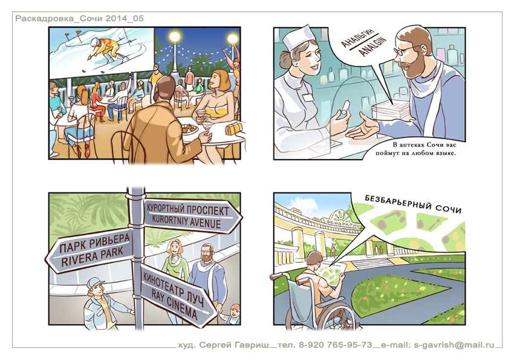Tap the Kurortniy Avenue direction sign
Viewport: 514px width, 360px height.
(x=192, y=215)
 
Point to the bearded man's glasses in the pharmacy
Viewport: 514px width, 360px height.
(x=405, y=50)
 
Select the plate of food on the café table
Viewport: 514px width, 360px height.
(x=189, y=129)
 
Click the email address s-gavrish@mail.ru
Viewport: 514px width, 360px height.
(x=454, y=345)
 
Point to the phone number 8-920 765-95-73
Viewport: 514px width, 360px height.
(x=336, y=345)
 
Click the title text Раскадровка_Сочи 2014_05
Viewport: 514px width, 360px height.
(x=80, y=18)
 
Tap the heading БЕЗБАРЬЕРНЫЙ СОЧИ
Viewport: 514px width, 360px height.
(x=413, y=204)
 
